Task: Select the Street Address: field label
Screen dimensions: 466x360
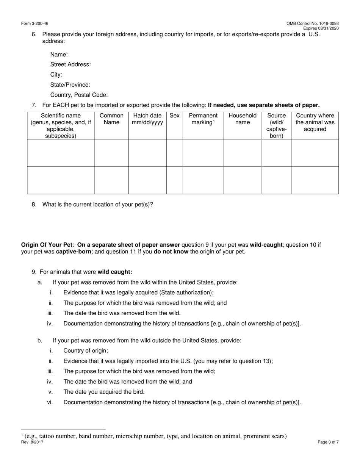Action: [70, 64]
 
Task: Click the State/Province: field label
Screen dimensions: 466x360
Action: [70, 85]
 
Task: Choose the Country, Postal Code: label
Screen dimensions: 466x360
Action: [79, 95]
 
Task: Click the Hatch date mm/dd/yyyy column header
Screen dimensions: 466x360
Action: [147, 119]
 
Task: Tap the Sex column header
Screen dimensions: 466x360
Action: [174, 116]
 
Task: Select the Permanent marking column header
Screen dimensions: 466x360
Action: [203, 119]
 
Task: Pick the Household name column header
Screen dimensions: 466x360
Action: [243, 119]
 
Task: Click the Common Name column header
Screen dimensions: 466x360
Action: [111, 119]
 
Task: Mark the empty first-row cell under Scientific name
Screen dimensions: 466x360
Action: [61, 153]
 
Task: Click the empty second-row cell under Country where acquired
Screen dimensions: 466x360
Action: [315, 180]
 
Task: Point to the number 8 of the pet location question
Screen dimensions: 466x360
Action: [34, 205]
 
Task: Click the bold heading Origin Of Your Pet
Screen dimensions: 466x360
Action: [47, 245]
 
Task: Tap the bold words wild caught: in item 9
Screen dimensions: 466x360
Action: [115, 272]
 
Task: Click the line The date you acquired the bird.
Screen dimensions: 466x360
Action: [104, 392]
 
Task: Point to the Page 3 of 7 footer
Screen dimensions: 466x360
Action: [328, 442]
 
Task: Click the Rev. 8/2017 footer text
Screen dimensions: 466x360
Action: [32, 442]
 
